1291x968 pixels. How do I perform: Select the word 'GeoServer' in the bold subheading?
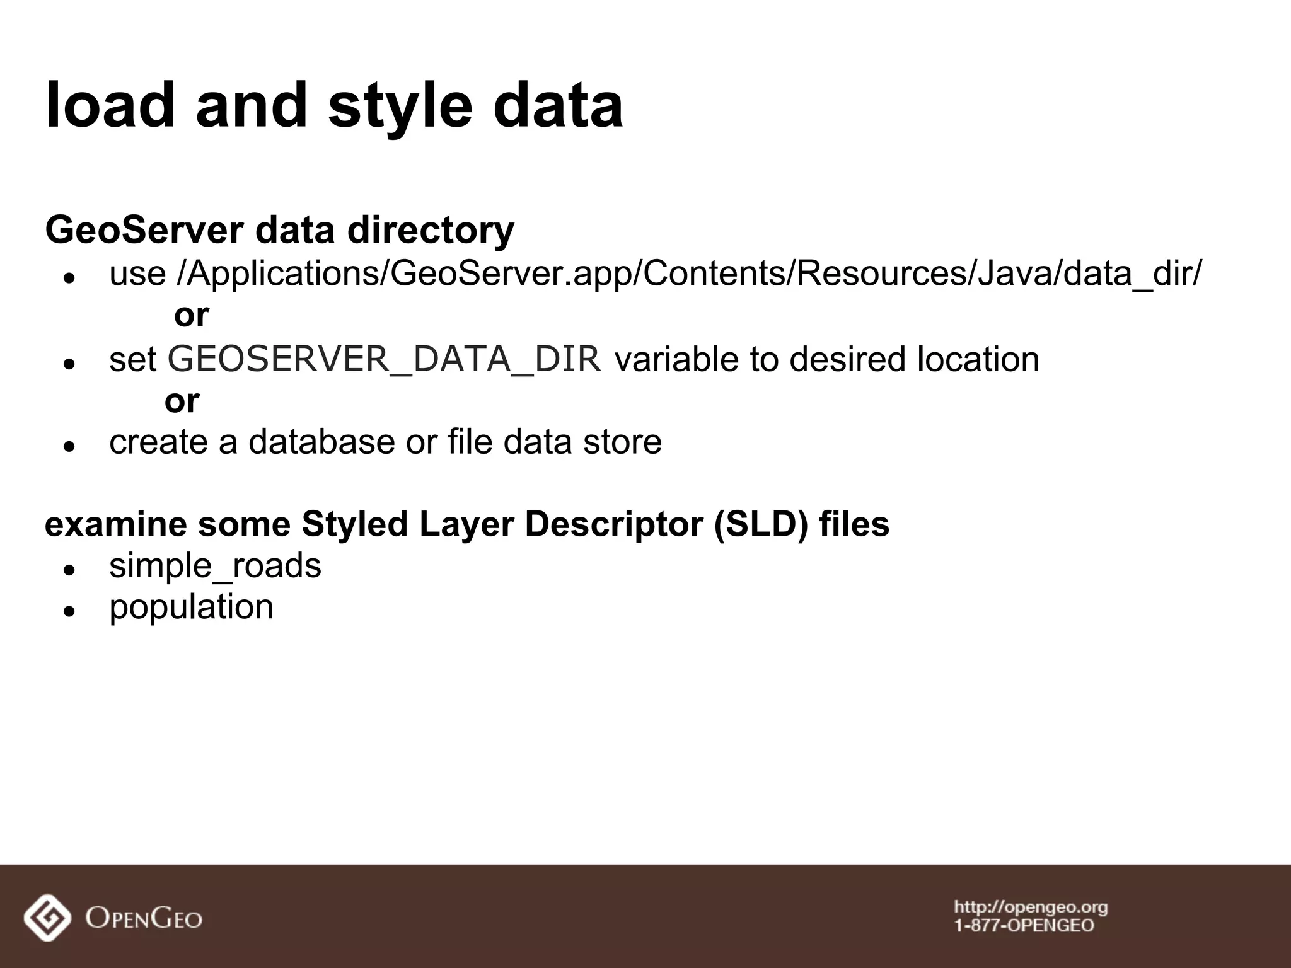click(144, 230)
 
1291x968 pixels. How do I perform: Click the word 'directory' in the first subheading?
click(431, 230)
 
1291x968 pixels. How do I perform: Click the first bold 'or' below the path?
click(191, 314)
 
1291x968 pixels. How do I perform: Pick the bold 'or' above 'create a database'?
click(182, 400)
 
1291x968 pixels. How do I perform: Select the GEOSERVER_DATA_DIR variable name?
click(385, 359)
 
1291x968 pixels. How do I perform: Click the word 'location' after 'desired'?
click(978, 359)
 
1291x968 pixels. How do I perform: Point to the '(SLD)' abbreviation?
click(761, 524)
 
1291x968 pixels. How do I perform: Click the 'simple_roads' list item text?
click(215, 566)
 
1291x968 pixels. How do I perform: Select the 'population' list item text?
click(191, 608)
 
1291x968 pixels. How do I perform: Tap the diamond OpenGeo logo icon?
click(47, 918)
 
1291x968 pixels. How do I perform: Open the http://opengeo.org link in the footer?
click(1031, 907)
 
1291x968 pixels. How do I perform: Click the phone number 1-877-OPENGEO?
click(1024, 926)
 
